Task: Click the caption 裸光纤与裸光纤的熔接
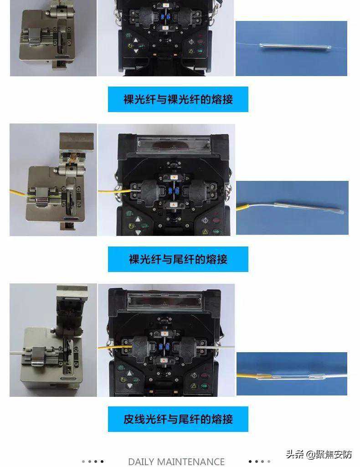coord(178,99)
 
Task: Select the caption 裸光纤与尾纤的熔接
coord(178,259)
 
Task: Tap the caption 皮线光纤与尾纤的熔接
coord(178,419)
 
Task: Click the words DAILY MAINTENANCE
coord(176,462)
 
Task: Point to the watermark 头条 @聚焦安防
coord(319,454)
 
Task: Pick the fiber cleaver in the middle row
coord(56,182)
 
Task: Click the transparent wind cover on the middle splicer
coord(174,142)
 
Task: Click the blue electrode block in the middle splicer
coord(173,190)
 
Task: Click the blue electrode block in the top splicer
coord(165,16)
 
